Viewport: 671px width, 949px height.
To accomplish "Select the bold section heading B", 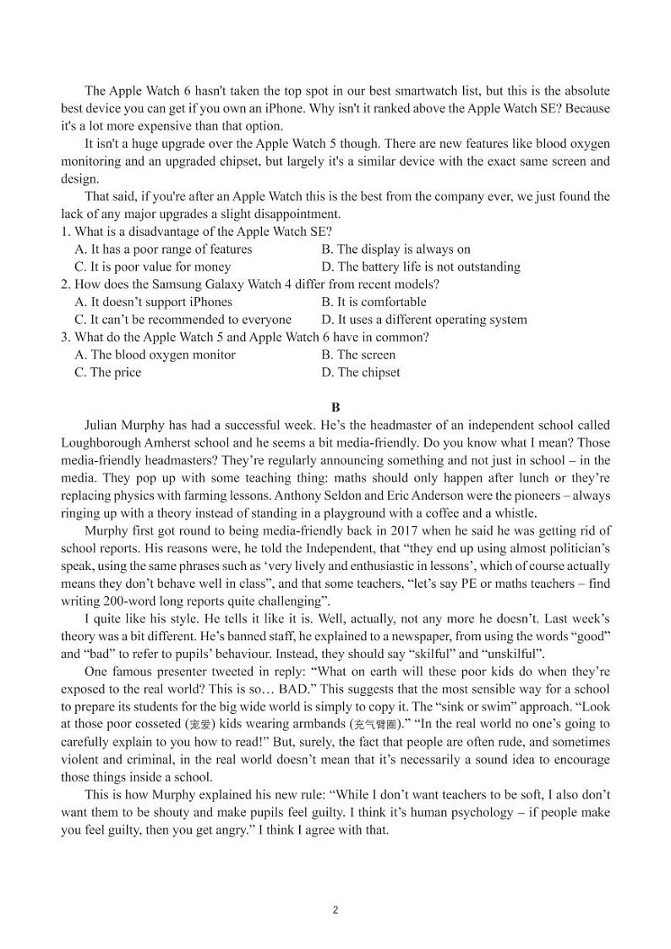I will coord(335,407).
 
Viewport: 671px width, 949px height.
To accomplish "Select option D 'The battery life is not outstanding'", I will coord(421,267).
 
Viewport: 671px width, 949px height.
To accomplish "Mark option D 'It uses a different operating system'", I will coord(424,320).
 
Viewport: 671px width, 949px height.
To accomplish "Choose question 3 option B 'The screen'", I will coord(358,355).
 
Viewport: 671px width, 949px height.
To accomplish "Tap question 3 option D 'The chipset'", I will coord(361,373).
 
